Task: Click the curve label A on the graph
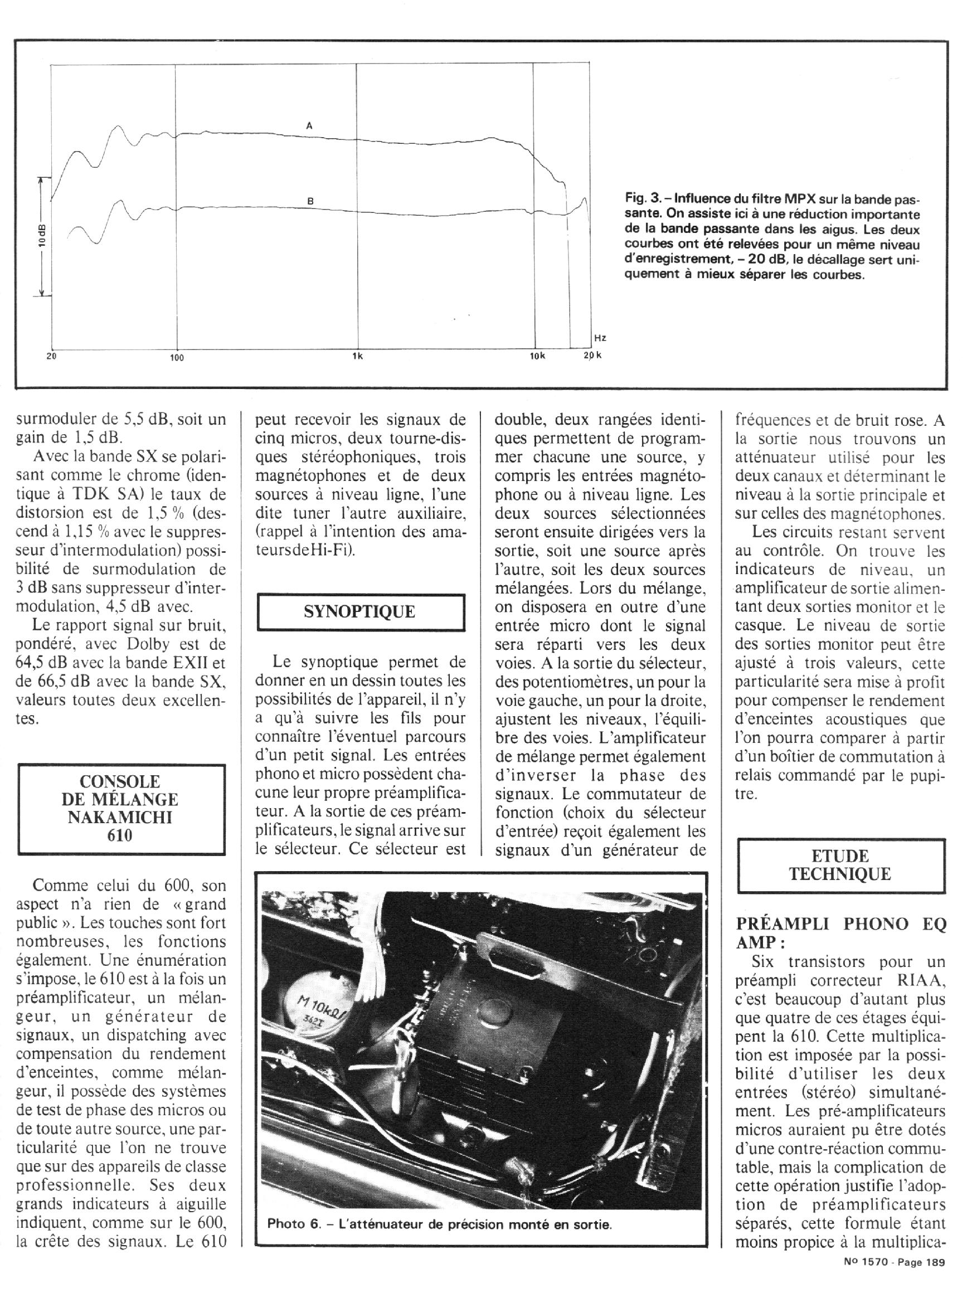click(310, 125)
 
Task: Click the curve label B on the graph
click(311, 201)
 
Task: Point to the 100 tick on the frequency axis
click(177, 358)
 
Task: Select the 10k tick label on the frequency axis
click(537, 356)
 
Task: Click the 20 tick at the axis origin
click(51, 357)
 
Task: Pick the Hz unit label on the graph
click(600, 338)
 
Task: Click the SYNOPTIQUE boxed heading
click(359, 611)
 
